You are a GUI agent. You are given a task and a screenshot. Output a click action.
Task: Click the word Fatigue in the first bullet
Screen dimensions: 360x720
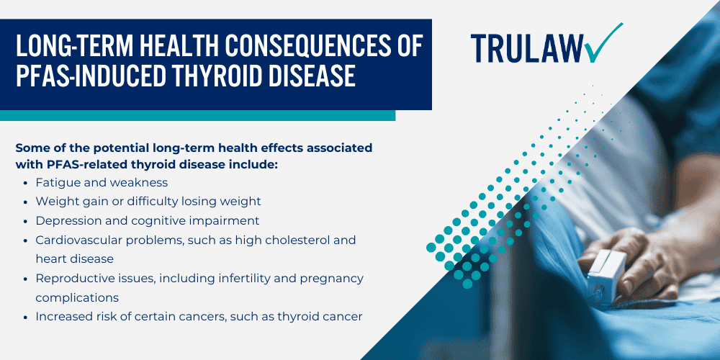(57, 182)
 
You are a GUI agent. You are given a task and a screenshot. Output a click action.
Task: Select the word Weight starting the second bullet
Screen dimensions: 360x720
(56, 202)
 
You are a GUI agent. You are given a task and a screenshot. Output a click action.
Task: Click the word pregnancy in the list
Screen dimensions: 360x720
(330, 278)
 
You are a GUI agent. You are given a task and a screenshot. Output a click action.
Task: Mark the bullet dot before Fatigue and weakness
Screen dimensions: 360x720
(27, 183)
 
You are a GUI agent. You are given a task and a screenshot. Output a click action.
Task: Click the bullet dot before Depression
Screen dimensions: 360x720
(27, 221)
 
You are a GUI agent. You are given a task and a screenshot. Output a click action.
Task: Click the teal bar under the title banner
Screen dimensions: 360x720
(197, 115)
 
